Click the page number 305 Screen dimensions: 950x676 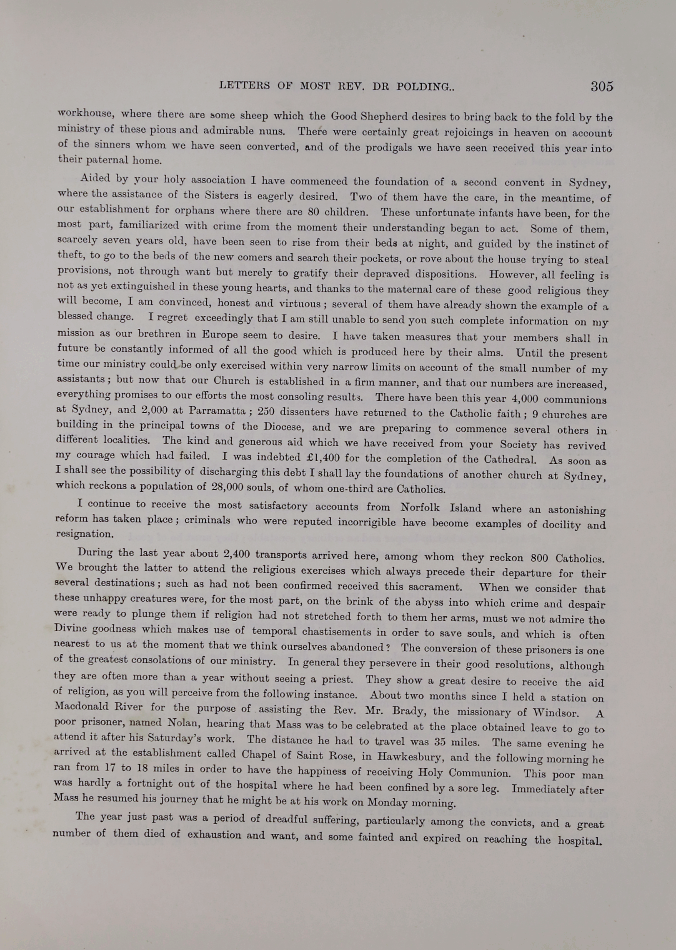pos(602,86)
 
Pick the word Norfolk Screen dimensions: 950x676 pos(420,507)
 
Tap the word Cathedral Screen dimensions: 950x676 pos(510,460)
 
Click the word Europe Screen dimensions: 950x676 pos(220,335)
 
